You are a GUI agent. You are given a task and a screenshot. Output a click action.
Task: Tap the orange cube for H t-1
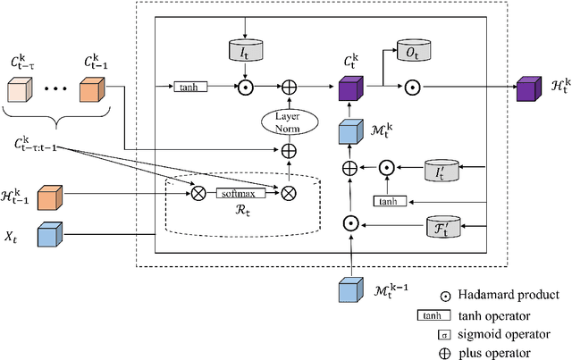click(50, 197)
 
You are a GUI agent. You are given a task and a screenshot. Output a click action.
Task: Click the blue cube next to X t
click(50, 235)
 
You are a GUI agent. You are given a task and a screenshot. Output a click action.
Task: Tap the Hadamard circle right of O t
click(414, 87)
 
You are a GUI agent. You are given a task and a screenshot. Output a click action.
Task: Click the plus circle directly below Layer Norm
click(289, 153)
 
